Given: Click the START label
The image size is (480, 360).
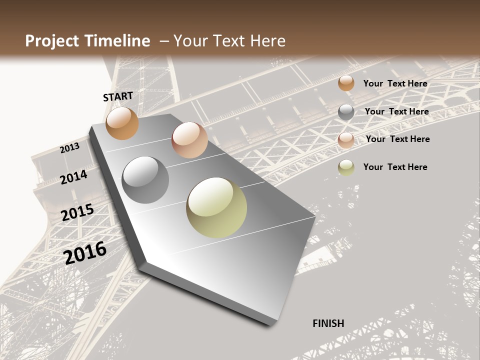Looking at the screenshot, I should (118, 96).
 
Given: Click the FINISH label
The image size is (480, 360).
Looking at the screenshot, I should (328, 323).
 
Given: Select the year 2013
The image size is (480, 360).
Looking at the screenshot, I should (70, 148).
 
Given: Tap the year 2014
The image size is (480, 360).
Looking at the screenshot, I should (74, 177).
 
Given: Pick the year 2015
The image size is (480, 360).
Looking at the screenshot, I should (77, 213).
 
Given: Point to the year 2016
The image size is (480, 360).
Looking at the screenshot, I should (85, 252).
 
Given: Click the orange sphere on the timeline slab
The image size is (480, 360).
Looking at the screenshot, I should (122, 123).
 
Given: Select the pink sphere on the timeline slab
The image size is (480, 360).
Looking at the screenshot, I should (189, 140).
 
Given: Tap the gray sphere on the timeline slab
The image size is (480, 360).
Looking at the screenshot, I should (145, 180).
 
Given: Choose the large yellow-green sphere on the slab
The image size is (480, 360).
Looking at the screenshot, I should (216, 207).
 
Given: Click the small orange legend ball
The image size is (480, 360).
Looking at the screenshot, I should (346, 83).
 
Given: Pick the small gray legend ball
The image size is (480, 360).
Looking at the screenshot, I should (346, 112).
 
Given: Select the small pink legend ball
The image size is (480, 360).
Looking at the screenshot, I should (346, 140).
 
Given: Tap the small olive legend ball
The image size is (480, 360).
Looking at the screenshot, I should (346, 167).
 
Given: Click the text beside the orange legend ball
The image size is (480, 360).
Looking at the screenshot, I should (395, 83).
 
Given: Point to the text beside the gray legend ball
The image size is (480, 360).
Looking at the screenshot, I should (396, 111).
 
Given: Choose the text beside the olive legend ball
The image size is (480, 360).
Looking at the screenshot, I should (395, 167).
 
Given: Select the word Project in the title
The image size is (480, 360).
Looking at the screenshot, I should (51, 41).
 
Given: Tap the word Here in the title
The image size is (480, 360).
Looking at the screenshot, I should (267, 41).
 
